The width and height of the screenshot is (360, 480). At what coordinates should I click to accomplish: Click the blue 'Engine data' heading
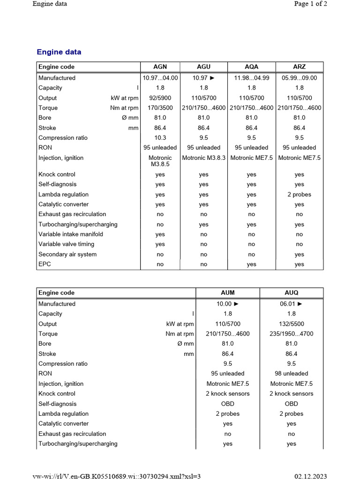click(x=59, y=52)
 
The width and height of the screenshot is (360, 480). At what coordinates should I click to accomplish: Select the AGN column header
click(x=160, y=67)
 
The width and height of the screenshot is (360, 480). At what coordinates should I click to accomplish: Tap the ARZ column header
click(x=299, y=67)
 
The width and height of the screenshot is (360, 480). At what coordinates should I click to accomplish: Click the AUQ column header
click(x=291, y=292)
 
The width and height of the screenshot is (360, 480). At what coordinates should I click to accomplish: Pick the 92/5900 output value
click(x=160, y=98)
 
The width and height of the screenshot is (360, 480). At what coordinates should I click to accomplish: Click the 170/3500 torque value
click(x=160, y=108)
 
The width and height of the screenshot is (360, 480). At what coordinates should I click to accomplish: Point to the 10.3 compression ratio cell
click(x=160, y=138)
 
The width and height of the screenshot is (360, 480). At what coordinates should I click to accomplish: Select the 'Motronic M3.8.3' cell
click(x=204, y=158)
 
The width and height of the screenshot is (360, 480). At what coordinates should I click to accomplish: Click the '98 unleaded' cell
click(x=291, y=374)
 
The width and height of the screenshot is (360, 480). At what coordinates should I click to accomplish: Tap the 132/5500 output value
click(x=291, y=324)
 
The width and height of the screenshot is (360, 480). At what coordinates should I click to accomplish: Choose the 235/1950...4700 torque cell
click(x=291, y=334)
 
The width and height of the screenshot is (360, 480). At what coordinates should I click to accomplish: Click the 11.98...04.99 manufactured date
click(x=252, y=78)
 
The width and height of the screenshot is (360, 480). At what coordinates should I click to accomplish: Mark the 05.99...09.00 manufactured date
click(x=299, y=78)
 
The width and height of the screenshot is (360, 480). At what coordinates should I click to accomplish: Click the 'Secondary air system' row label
click(x=67, y=254)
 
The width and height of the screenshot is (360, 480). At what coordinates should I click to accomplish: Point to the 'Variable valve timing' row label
click(x=66, y=244)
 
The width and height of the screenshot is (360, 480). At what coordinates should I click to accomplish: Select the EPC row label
click(x=45, y=264)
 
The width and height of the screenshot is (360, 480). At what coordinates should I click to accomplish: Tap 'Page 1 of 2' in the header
click(x=310, y=4)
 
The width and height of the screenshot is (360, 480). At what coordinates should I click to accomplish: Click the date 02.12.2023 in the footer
click(x=311, y=476)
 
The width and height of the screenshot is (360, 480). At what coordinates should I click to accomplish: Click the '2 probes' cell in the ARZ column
click(x=299, y=195)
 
